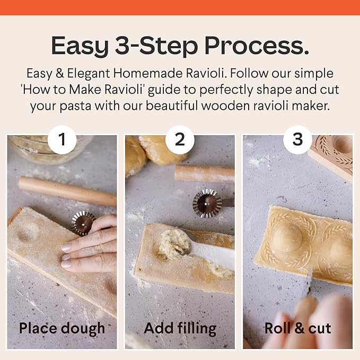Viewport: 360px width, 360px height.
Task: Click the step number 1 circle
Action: click(62, 139)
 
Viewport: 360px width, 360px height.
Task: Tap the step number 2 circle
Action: click(180, 139)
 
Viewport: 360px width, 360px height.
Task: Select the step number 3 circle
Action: click(297, 139)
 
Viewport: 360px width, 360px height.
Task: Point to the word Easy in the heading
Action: click(80, 47)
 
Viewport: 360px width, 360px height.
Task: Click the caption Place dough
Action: click(62, 329)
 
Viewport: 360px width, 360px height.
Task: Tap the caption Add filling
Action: click(180, 329)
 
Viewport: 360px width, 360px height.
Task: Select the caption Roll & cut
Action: click(297, 328)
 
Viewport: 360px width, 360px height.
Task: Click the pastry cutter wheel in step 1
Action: click(83, 223)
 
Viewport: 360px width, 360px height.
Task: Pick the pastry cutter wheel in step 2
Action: click(207, 203)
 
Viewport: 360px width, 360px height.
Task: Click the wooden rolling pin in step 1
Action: click(67, 191)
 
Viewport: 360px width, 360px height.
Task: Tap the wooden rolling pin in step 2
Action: click(204, 173)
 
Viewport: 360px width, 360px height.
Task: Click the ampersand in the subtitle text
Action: click(60, 74)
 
